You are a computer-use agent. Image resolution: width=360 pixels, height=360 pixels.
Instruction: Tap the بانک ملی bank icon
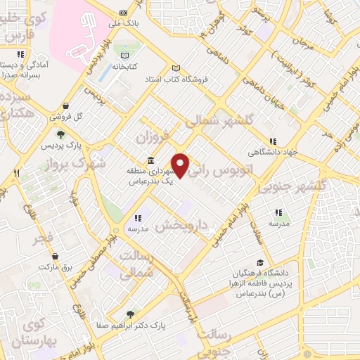click(123, 13)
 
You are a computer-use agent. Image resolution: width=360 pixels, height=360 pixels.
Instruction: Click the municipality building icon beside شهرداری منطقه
click(150, 161)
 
